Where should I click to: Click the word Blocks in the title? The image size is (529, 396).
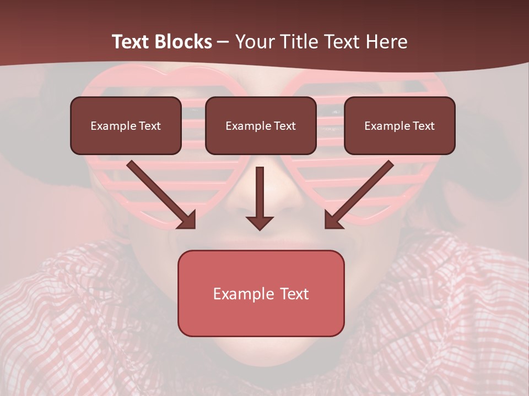[183, 42]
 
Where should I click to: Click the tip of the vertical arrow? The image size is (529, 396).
[260, 228]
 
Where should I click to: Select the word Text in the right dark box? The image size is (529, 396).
[423, 126]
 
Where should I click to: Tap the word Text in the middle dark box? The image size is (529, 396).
[284, 126]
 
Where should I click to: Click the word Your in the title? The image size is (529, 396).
[251, 42]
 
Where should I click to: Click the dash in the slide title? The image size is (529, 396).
[224, 42]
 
